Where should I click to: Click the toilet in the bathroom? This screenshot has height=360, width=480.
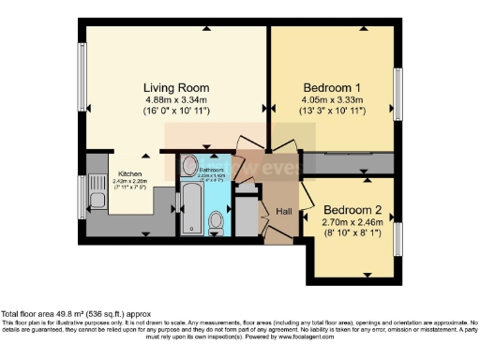[x=217, y=221]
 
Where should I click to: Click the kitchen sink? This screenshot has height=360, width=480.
[x=97, y=198]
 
